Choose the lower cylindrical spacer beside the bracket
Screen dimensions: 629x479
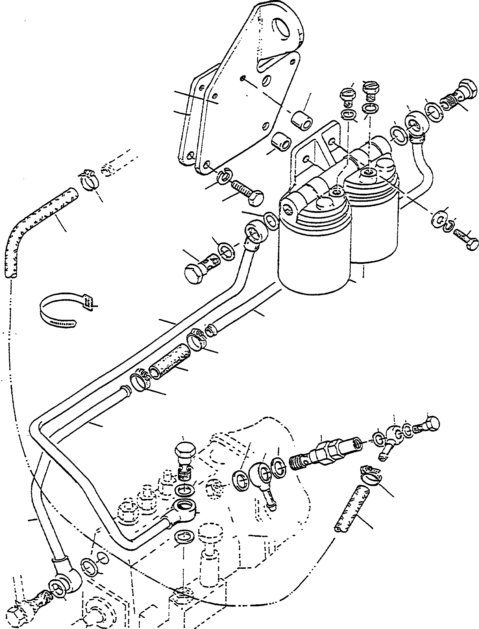coord(281,145)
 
